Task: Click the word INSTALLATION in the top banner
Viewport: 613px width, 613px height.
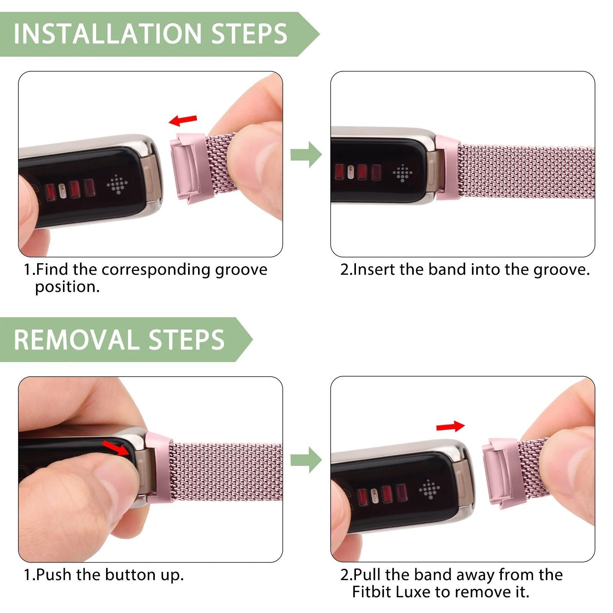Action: [x=107, y=34]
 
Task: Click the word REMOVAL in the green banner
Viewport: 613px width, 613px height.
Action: [x=76, y=340]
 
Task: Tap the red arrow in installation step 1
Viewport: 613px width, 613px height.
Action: [x=183, y=120]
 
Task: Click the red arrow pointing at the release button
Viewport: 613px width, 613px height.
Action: [x=116, y=447]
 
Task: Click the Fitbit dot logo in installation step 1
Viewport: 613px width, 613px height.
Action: [x=116, y=184]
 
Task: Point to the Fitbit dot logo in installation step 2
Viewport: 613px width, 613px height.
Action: [x=402, y=173]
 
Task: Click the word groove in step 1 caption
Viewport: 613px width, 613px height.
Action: [x=241, y=270]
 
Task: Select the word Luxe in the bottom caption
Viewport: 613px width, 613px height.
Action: [x=413, y=592]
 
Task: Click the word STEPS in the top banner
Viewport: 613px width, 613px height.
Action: [x=249, y=34]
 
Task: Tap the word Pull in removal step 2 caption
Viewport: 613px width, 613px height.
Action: [x=367, y=575]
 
